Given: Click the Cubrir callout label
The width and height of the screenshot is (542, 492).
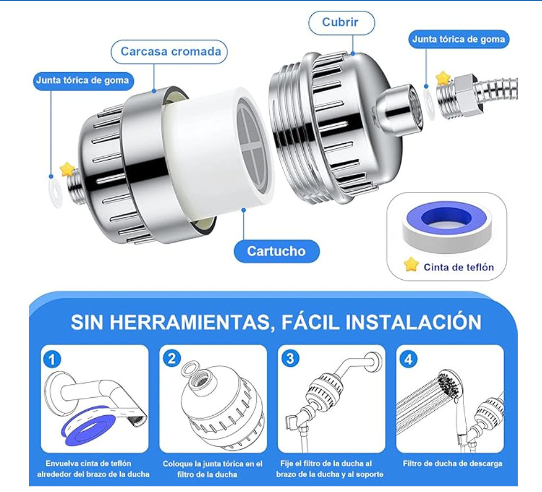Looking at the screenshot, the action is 341,23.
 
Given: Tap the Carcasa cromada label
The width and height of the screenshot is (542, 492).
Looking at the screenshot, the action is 169,52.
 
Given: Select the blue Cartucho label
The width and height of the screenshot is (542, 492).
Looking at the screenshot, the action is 277,251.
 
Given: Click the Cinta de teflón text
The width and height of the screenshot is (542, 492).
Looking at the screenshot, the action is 458,267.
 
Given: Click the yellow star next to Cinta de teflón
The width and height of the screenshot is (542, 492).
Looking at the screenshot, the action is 411,265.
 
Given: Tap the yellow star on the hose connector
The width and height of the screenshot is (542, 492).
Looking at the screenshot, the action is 443,78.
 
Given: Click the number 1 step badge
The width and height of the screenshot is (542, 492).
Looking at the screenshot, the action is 52,359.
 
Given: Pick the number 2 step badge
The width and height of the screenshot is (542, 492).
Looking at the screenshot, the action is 172,358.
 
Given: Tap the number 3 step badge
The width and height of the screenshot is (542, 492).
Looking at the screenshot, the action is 290,358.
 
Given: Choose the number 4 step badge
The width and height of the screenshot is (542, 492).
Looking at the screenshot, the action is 409,359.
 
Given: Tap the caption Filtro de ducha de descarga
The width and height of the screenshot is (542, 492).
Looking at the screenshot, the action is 452,464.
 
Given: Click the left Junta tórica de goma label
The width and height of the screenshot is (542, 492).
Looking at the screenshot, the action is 83,81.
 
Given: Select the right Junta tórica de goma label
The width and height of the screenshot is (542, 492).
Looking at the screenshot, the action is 458,39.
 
